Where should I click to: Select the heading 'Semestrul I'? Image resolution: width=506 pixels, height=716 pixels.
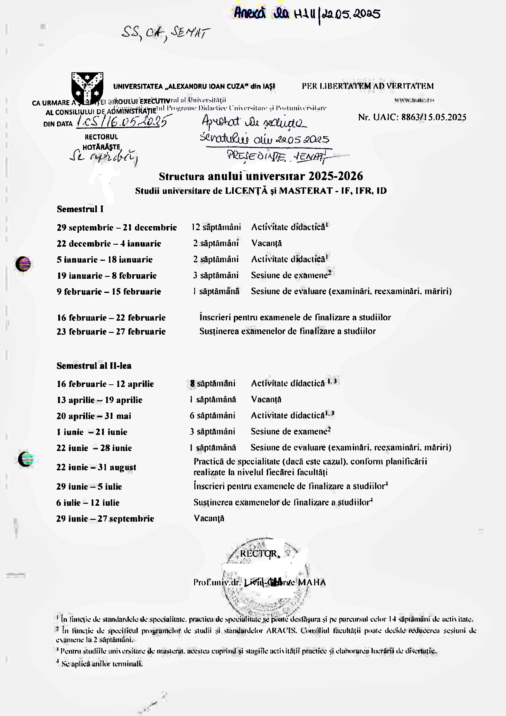pyautogui.click(x=80, y=209)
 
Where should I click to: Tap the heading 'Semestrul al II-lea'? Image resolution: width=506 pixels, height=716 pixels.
pyautogui.click(x=94, y=366)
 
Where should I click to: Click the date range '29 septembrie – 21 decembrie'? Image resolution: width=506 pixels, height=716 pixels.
pyautogui.click(x=117, y=228)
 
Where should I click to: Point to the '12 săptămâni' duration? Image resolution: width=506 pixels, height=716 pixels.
pyautogui.click(x=216, y=227)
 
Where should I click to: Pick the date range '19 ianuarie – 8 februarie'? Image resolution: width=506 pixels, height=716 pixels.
pyautogui.click(x=107, y=276)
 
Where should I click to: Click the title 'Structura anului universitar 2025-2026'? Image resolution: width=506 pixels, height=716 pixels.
pyautogui.click(x=261, y=176)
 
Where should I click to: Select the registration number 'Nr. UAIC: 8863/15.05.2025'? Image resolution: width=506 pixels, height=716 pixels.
pyautogui.click(x=412, y=117)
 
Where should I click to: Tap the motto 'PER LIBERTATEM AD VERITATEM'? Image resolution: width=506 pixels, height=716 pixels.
pyautogui.click(x=368, y=86)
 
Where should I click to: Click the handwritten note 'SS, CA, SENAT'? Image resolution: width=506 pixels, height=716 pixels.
pyautogui.click(x=165, y=34)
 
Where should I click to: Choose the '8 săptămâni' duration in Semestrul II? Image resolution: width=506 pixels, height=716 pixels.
pyautogui.click(x=213, y=383)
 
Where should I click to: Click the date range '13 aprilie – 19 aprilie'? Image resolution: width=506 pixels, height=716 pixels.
pyautogui.click(x=99, y=400)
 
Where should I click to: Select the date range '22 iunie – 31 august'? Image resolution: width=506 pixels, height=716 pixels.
pyautogui.click(x=96, y=467)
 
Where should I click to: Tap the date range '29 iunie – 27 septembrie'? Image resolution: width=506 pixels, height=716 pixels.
pyautogui.click(x=105, y=519)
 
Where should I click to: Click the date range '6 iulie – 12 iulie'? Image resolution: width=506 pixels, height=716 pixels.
pyautogui.click(x=88, y=503)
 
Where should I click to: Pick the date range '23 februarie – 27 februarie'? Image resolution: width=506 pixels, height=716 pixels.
pyautogui.click(x=111, y=332)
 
